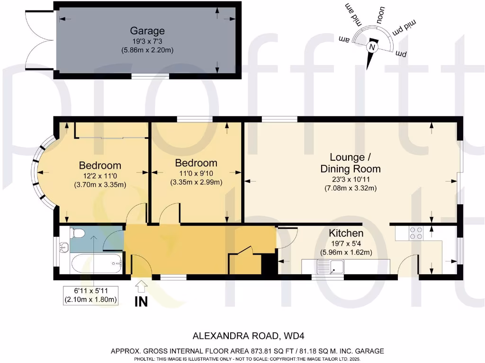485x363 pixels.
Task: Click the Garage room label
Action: pyautogui.click(x=147, y=31)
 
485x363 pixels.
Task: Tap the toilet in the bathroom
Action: pyautogui.click(x=77, y=233)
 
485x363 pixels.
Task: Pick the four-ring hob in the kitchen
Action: pyautogui.click(x=416, y=233)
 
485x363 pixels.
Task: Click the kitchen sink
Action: pyautogui.click(x=330, y=267)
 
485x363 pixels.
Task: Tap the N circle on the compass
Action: pyautogui.click(x=372, y=48)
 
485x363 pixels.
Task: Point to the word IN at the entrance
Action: pyautogui.click(x=141, y=302)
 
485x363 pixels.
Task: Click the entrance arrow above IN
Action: pyautogui.click(x=142, y=286)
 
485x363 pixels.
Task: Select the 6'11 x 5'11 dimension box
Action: pyautogui.click(x=90, y=295)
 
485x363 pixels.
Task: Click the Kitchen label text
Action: pyautogui.click(x=346, y=233)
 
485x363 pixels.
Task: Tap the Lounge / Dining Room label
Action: pyautogui.click(x=350, y=163)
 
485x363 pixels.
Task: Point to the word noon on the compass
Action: pyautogui.click(x=380, y=15)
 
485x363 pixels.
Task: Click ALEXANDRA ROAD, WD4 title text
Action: pyautogui.click(x=246, y=336)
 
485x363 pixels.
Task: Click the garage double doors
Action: pyautogui.click(x=40, y=41)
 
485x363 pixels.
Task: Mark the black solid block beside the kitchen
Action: pyautogui.click(x=269, y=264)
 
